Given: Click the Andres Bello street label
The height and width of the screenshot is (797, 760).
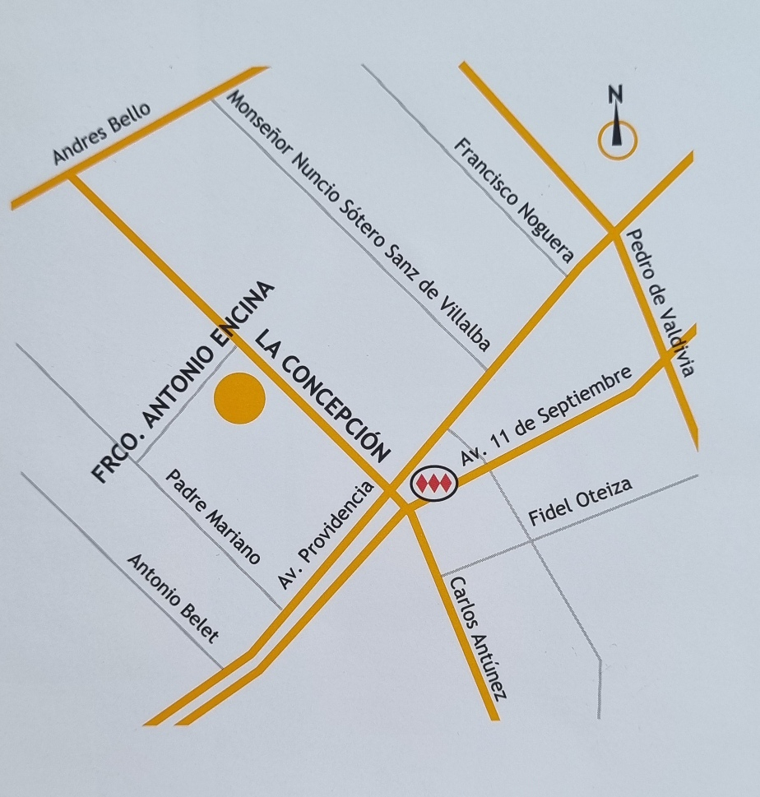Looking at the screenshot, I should point(102,133).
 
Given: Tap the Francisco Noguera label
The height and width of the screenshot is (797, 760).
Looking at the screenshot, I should point(513,200).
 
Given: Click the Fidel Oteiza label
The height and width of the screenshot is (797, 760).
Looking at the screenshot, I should point(580,503).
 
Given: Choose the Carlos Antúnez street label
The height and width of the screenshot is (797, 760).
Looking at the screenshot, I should point(475,637).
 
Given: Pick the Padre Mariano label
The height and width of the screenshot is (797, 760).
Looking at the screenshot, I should point(213,517).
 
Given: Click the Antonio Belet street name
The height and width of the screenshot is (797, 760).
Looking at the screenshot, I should point(173,597).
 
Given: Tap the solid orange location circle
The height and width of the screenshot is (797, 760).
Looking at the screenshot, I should point(239,399).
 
